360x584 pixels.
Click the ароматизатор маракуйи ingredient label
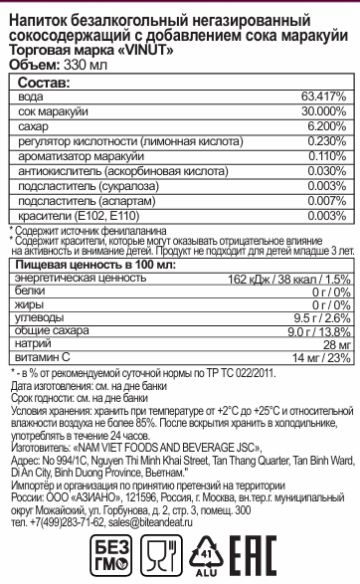click(76, 156)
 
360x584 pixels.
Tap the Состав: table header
click(40, 83)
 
